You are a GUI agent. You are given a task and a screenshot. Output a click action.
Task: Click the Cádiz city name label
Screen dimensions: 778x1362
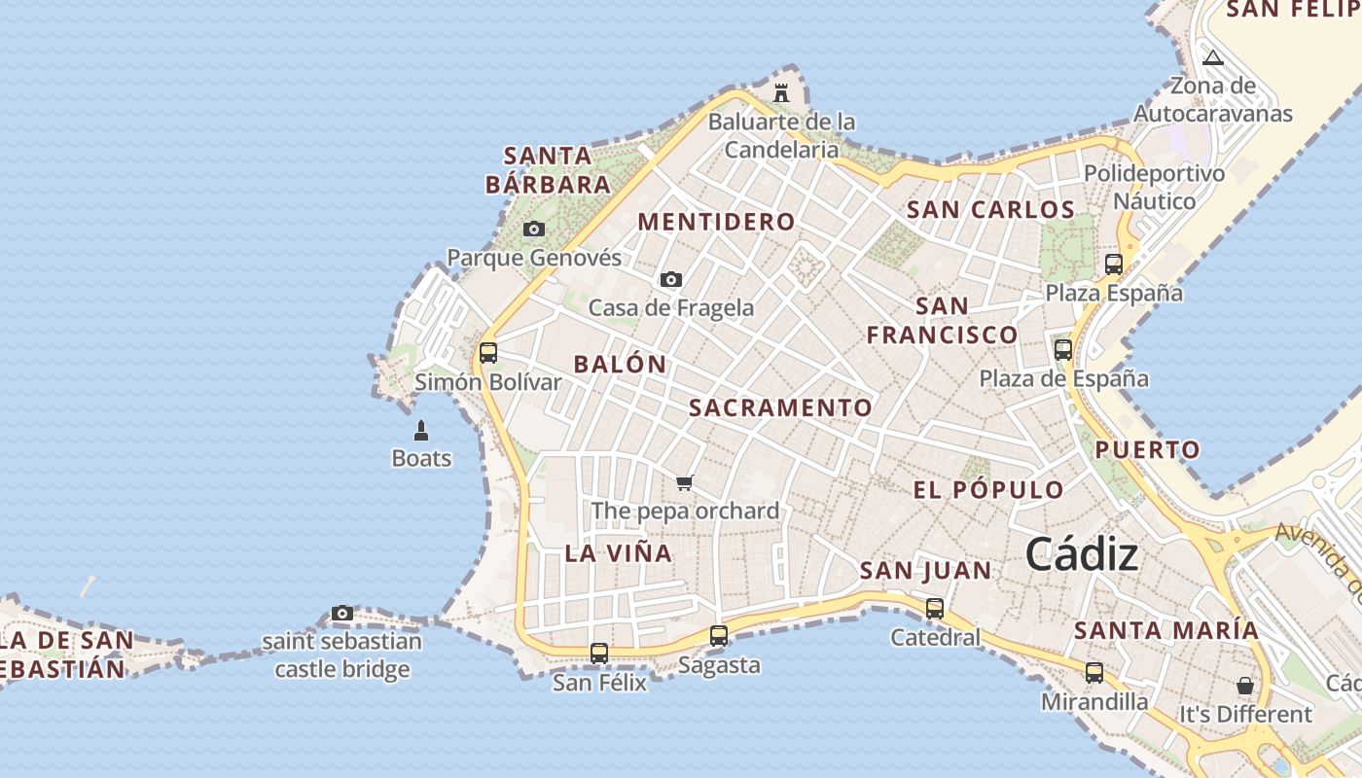click(x=1081, y=554)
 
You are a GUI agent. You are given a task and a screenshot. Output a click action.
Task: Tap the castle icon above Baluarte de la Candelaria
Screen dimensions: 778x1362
click(x=780, y=93)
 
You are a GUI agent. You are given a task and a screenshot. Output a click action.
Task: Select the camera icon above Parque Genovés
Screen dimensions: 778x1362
click(x=534, y=230)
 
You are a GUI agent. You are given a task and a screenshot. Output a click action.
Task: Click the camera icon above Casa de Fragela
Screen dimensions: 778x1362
click(x=671, y=280)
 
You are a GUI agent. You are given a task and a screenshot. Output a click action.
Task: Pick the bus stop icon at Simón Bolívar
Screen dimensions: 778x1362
click(x=488, y=352)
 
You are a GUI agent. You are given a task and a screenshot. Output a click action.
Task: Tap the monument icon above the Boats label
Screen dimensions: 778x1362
click(x=421, y=430)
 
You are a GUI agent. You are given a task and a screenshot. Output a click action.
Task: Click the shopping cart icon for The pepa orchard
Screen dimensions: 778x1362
click(x=685, y=482)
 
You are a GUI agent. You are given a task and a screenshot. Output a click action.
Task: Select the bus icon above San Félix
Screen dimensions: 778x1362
click(x=599, y=654)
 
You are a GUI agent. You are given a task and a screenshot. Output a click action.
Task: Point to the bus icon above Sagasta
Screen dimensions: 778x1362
click(x=719, y=636)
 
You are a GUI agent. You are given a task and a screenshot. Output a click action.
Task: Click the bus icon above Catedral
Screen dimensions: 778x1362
click(x=935, y=609)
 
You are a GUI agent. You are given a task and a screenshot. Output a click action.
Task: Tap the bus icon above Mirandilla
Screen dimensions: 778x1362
click(x=1094, y=672)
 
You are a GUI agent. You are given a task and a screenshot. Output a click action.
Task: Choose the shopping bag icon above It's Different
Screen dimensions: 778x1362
click(x=1245, y=686)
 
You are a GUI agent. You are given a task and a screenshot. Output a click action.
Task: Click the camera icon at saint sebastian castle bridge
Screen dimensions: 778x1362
click(x=342, y=613)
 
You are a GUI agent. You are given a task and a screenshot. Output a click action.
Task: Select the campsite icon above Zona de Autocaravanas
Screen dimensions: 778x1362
click(x=1212, y=57)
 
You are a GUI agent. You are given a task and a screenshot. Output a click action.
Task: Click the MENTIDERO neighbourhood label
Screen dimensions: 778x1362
click(x=716, y=222)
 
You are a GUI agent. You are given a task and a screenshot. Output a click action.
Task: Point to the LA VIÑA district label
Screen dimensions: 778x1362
click(x=619, y=553)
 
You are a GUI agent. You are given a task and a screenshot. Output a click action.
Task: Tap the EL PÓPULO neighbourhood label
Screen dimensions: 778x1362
click(x=988, y=489)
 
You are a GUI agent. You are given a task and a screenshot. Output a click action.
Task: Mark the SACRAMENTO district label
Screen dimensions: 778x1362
click(x=780, y=407)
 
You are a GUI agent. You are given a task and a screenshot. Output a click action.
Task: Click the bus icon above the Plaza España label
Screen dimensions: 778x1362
click(x=1114, y=264)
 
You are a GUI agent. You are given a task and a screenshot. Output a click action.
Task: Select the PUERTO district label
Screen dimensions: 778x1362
click(x=1148, y=450)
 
